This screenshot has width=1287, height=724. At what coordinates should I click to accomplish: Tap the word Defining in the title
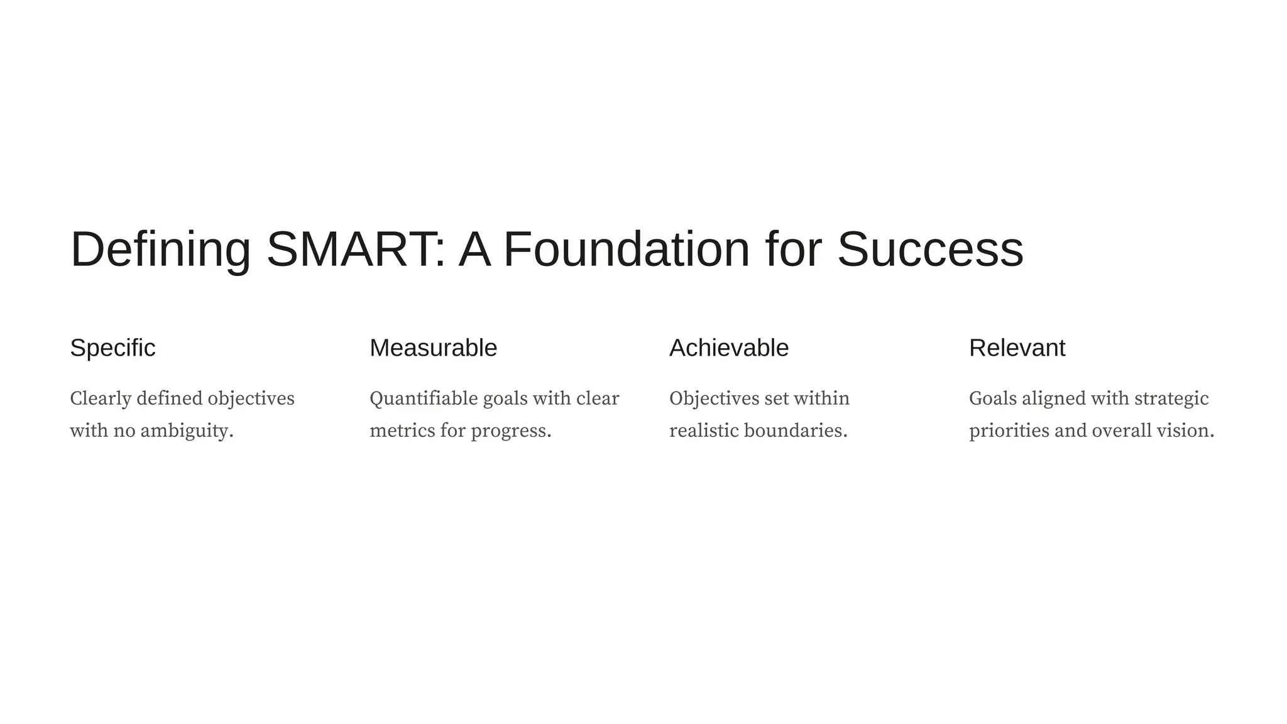point(160,249)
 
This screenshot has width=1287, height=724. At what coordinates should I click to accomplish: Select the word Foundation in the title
point(627,249)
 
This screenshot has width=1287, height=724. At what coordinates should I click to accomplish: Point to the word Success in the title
point(930,249)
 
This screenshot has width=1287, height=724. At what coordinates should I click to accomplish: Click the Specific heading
point(112,348)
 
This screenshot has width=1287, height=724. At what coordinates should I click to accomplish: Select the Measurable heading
point(433,348)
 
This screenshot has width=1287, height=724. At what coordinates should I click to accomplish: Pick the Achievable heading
point(728,348)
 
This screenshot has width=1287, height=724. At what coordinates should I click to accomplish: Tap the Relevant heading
point(1017,348)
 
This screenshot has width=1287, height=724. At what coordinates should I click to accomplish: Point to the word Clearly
point(101,398)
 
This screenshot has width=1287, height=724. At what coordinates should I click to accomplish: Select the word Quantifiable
point(424,398)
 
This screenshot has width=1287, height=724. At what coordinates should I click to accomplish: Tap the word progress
point(510,431)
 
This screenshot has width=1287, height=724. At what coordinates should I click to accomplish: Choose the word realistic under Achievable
point(704,431)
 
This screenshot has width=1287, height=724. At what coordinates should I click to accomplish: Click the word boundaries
point(795,431)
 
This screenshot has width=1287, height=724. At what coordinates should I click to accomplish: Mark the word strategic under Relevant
point(1171,398)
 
